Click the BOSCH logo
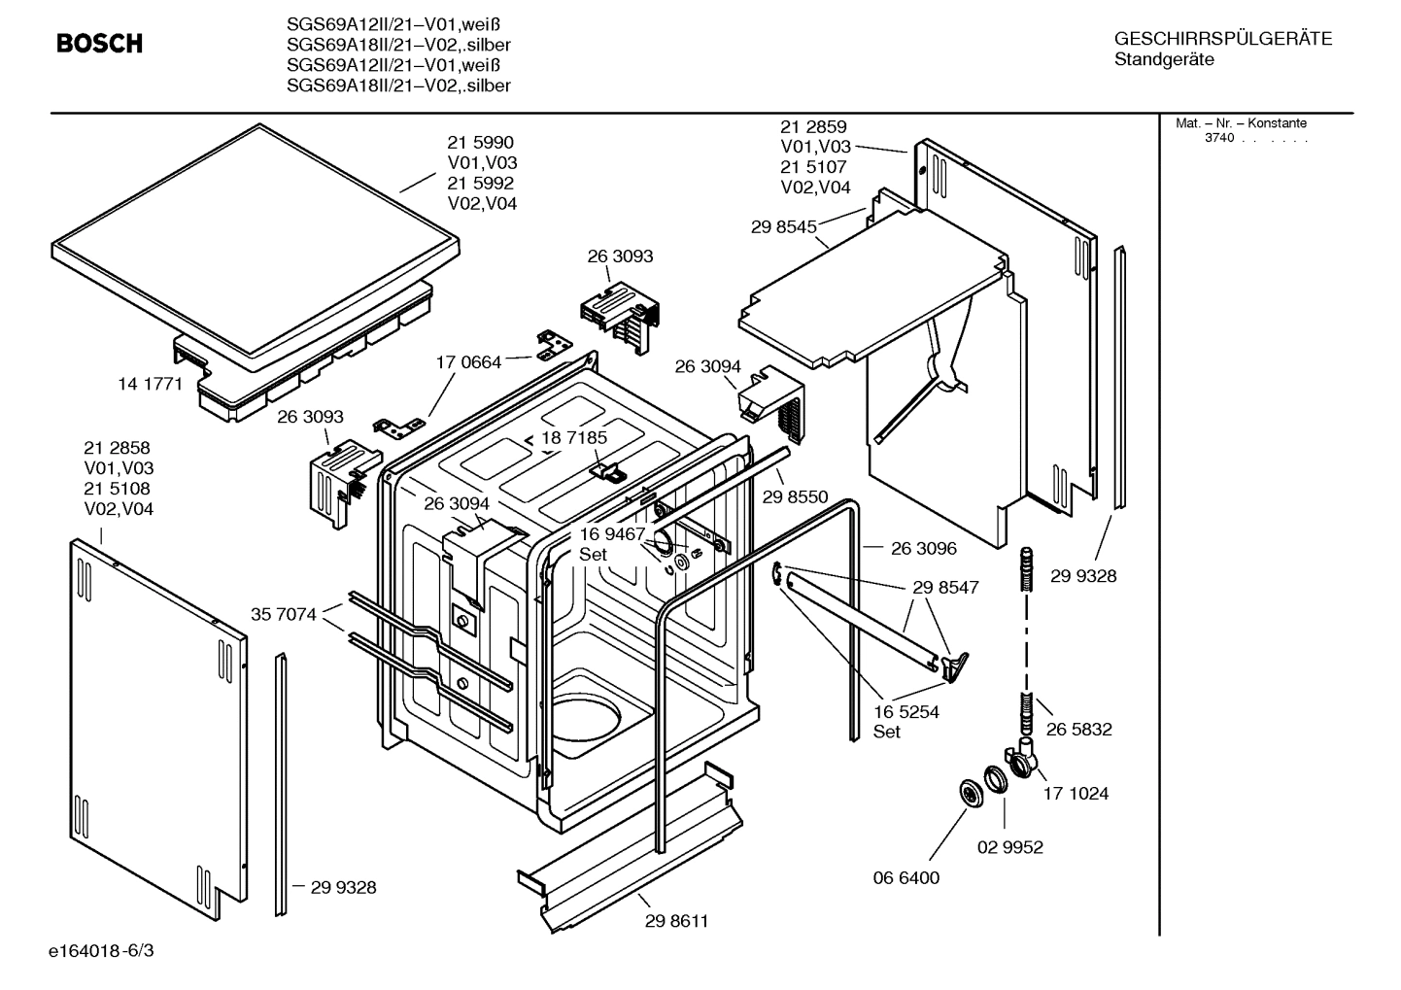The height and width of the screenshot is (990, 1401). pos(99,44)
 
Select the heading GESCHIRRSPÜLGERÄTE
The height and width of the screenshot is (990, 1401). pos(1222,39)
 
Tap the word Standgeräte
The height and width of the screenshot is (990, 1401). pos(1163,60)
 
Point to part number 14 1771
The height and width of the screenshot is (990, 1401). pos(150,384)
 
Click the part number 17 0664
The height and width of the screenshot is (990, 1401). pos(468,362)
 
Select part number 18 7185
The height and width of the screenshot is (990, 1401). pos(574,437)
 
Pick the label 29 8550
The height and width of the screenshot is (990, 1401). pos(795,496)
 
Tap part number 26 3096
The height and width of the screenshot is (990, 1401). pos(923,548)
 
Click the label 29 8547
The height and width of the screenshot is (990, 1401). pos(945,587)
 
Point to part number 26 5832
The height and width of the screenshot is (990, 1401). pos(1078,729)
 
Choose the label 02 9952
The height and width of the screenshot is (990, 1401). pos(1009,847)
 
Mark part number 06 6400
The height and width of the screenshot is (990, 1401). pos(906,877)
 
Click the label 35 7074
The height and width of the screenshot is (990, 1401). pos(283,614)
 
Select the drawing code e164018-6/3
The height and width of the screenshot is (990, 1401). pos(100,949)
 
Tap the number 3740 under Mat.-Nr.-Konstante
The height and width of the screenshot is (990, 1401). pos(1218,138)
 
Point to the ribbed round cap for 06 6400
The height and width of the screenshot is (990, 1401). pos(970,792)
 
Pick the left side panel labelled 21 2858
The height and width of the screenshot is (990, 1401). pos(155,719)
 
